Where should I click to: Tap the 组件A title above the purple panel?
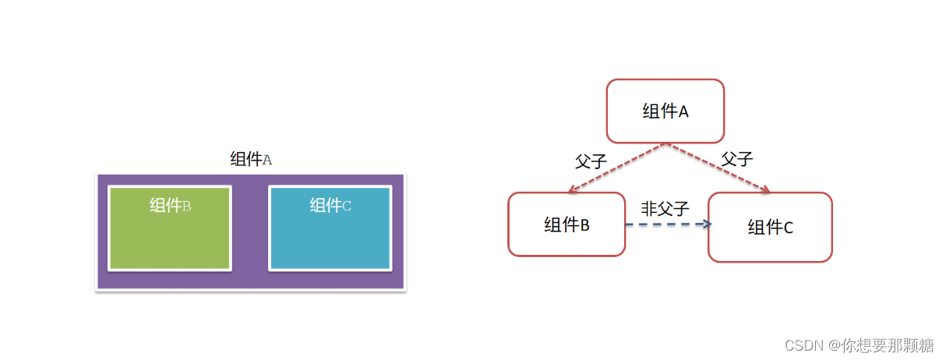click(251, 160)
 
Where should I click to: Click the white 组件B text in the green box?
click(171, 206)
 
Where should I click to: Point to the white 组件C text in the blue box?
click(330, 206)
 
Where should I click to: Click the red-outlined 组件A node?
click(665, 111)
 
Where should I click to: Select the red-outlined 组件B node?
click(567, 224)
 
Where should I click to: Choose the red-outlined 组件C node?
click(770, 227)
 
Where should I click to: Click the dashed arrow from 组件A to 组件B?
click(616, 168)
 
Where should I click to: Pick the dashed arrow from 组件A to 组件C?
click(717, 168)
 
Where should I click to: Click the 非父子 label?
click(665, 208)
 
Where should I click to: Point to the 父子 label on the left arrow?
click(591, 162)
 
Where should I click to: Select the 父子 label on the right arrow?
click(736, 159)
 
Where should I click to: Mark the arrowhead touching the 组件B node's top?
click(573, 190)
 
